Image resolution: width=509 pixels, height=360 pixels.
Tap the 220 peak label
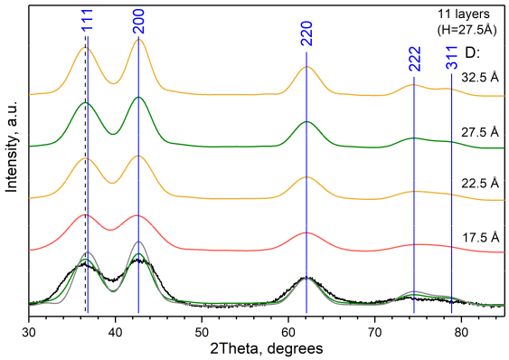(306, 36)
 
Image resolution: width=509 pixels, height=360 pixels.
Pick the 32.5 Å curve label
(480, 78)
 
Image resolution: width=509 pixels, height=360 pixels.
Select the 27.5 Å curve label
(480, 130)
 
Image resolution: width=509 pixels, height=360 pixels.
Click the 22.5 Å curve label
(480, 183)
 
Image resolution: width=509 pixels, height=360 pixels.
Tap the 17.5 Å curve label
(480, 237)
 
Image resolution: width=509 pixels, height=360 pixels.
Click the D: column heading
(471, 53)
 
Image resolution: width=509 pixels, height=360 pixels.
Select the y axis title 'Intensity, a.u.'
(12, 162)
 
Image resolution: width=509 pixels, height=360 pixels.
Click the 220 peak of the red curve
(306, 233)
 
